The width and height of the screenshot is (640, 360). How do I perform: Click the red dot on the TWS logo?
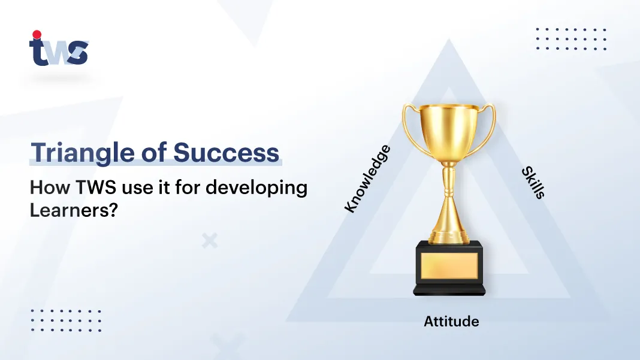(37, 34)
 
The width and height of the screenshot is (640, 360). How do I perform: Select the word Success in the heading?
(226, 152)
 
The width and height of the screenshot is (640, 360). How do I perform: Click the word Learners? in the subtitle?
(74, 210)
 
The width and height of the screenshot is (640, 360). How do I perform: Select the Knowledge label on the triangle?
(367, 179)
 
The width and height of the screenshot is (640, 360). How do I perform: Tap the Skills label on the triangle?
(533, 183)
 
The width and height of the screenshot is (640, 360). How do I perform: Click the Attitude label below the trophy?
(451, 321)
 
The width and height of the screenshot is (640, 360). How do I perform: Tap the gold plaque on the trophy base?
(449, 266)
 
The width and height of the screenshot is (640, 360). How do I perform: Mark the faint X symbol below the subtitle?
(210, 241)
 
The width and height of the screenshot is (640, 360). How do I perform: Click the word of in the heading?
(154, 152)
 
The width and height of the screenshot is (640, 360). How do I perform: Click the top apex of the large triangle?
(449, 39)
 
